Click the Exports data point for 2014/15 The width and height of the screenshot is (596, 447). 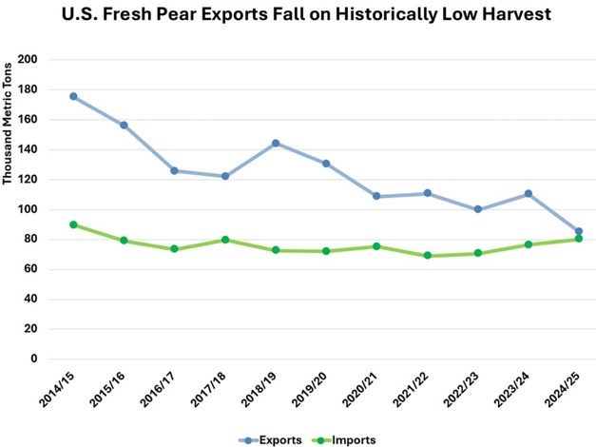point(73,96)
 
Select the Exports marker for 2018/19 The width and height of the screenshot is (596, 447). point(276,144)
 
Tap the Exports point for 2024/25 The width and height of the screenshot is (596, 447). point(579,231)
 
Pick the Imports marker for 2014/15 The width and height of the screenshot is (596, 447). point(73,224)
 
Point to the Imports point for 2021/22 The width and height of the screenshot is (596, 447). point(427,256)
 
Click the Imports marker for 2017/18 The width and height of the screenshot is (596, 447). point(225,240)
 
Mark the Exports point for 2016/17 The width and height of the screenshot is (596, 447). point(174,170)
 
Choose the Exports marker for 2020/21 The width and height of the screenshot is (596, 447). point(376,196)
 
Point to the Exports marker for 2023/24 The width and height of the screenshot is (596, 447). point(529,194)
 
